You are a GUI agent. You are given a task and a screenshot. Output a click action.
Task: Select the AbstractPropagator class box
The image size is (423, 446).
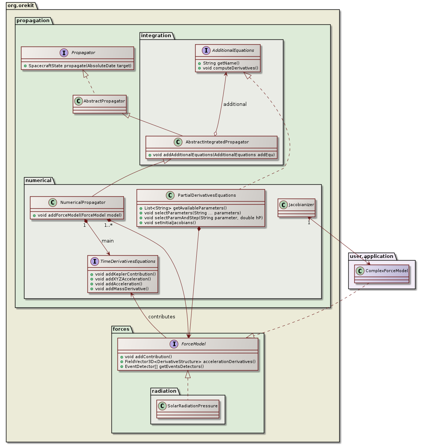click(x=99, y=104)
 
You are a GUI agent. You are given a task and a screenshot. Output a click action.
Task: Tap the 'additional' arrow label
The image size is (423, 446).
click(x=235, y=104)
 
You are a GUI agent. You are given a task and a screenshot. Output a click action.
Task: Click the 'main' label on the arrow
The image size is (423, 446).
click(x=107, y=241)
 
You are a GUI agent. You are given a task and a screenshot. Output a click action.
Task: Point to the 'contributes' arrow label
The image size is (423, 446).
click(x=161, y=316)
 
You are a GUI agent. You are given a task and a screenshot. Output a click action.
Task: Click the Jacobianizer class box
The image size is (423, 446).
click(x=296, y=208)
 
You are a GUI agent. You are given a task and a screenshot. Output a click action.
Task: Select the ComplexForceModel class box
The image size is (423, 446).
click(x=381, y=274)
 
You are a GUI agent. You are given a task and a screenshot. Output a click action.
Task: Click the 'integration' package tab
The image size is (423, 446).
click(x=156, y=36)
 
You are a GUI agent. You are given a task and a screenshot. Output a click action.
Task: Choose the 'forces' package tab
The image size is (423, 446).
click(x=121, y=329)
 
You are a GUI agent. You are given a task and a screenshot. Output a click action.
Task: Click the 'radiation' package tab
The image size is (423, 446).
click(x=164, y=391)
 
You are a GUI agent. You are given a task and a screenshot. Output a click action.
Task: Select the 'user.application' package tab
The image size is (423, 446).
click(x=372, y=256)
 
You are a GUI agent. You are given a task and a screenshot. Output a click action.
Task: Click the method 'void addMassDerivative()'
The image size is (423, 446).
click(x=122, y=289)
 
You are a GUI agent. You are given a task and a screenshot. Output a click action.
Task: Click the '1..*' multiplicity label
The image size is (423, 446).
click(x=108, y=225)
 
